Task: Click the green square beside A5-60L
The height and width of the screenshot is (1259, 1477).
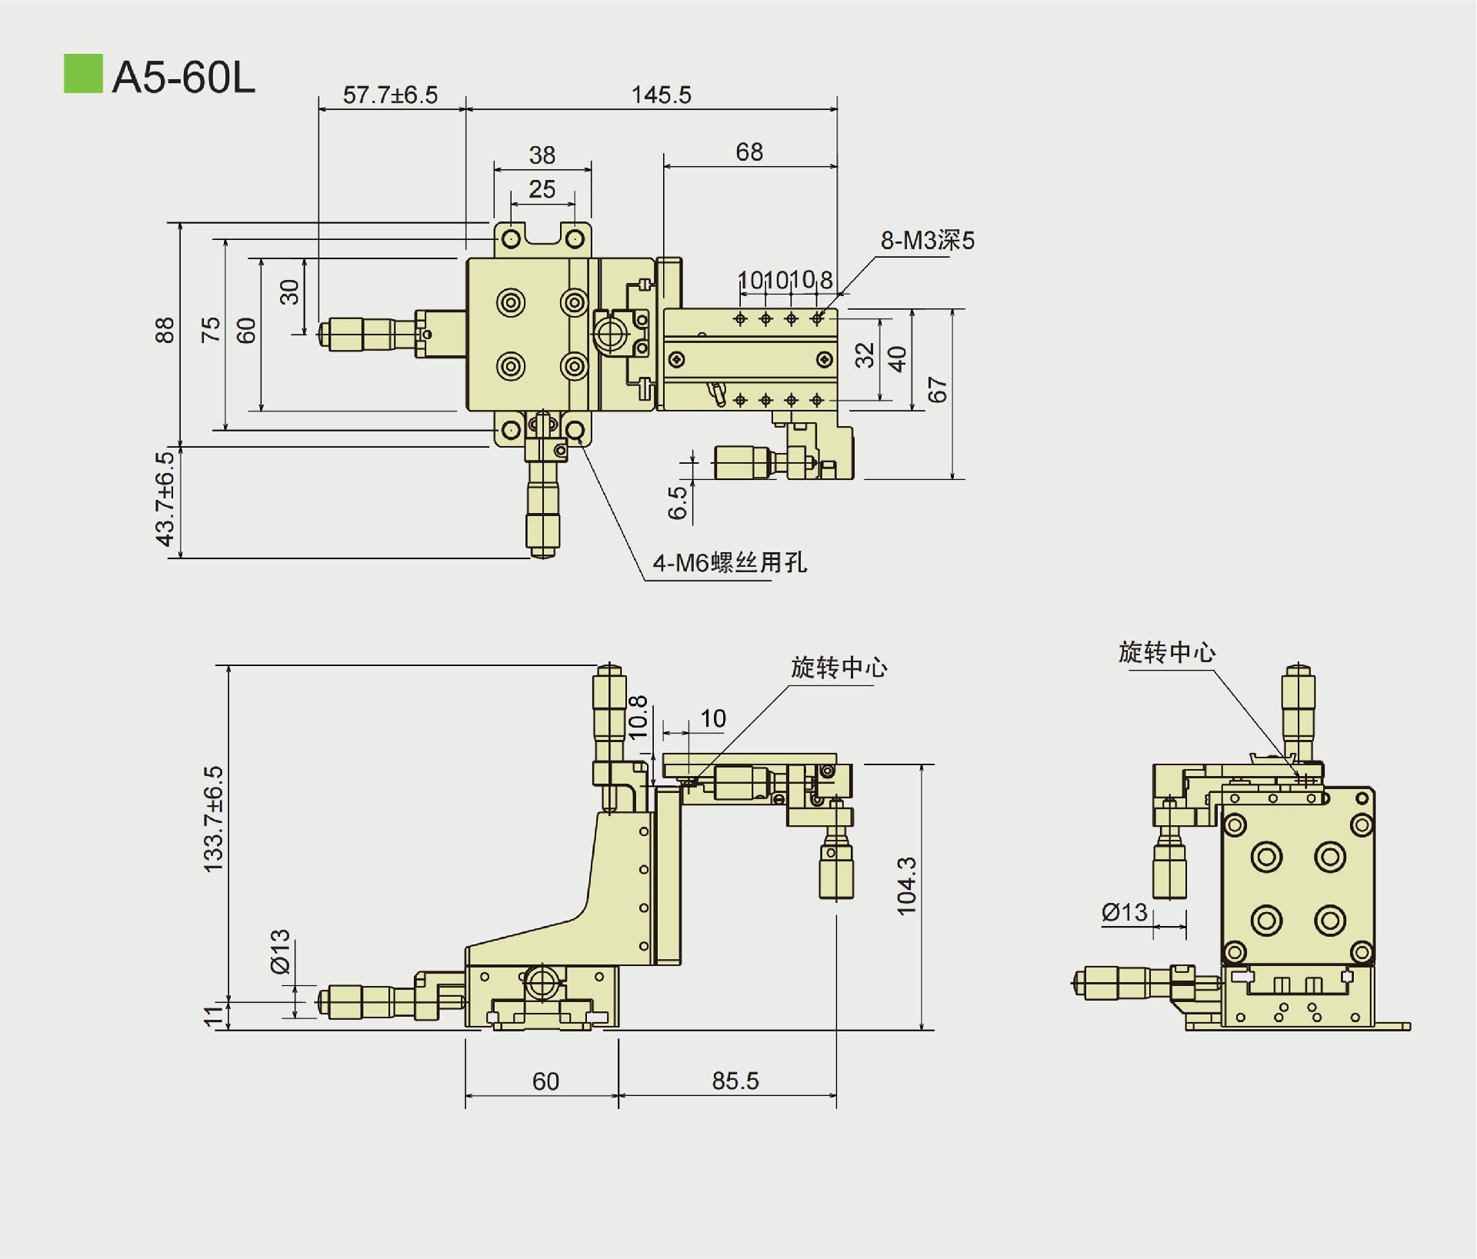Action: click(82, 74)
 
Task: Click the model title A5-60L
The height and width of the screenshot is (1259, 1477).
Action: click(183, 77)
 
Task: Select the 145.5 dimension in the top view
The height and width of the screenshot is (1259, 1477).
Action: click(661, 95)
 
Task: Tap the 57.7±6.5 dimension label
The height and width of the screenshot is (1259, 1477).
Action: click(390, 95)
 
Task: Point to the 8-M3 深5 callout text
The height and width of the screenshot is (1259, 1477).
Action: click(927, 241)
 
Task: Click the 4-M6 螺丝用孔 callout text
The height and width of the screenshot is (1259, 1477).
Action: click(729, 563)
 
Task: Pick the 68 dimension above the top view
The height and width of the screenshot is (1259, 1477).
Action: click(749, 152)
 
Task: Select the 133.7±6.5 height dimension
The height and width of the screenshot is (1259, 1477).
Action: click(213, 818)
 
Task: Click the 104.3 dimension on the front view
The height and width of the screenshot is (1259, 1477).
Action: click(907, 885)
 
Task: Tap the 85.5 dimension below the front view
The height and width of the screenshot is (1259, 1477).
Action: click(735, 1081)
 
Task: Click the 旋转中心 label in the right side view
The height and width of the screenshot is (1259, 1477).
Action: click(1166, 652)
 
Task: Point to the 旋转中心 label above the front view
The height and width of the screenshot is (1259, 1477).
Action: click(839, 667)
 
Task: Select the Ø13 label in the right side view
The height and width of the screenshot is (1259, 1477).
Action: click(1124, 912)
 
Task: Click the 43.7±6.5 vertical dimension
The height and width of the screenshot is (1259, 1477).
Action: click(165, 498)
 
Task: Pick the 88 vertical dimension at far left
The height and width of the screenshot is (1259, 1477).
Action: click(165, 330)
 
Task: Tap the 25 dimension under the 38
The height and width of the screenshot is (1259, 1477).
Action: click(542, 189)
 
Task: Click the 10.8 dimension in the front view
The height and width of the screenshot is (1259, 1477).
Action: click(638, 717)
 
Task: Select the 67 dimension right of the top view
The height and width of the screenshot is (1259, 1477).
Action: click(937, 390)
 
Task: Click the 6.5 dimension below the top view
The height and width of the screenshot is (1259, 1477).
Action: click(677, 501)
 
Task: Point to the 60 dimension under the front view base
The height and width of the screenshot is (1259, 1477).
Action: click(545, 1081)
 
